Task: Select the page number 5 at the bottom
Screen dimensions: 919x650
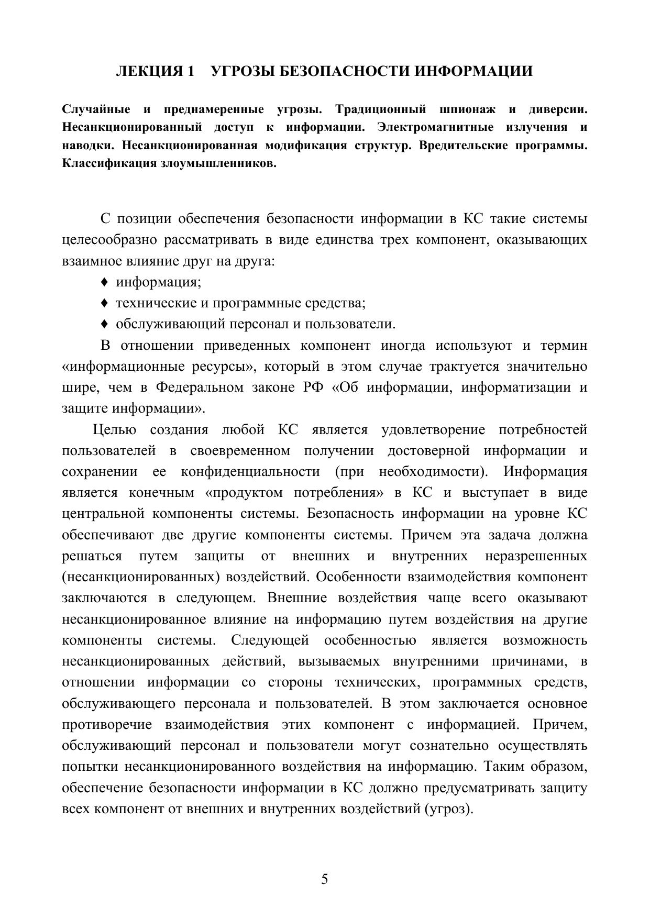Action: [325, 879]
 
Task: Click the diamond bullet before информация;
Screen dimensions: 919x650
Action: [104, 282]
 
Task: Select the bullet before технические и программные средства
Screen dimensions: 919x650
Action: [104, 303]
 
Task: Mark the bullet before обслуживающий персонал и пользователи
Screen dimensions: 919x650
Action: [104, 324]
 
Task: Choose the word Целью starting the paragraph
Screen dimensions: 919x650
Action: [115, 430]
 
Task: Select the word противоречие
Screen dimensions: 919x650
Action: [107, 725]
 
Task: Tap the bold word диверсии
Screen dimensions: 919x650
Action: [557, 109]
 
